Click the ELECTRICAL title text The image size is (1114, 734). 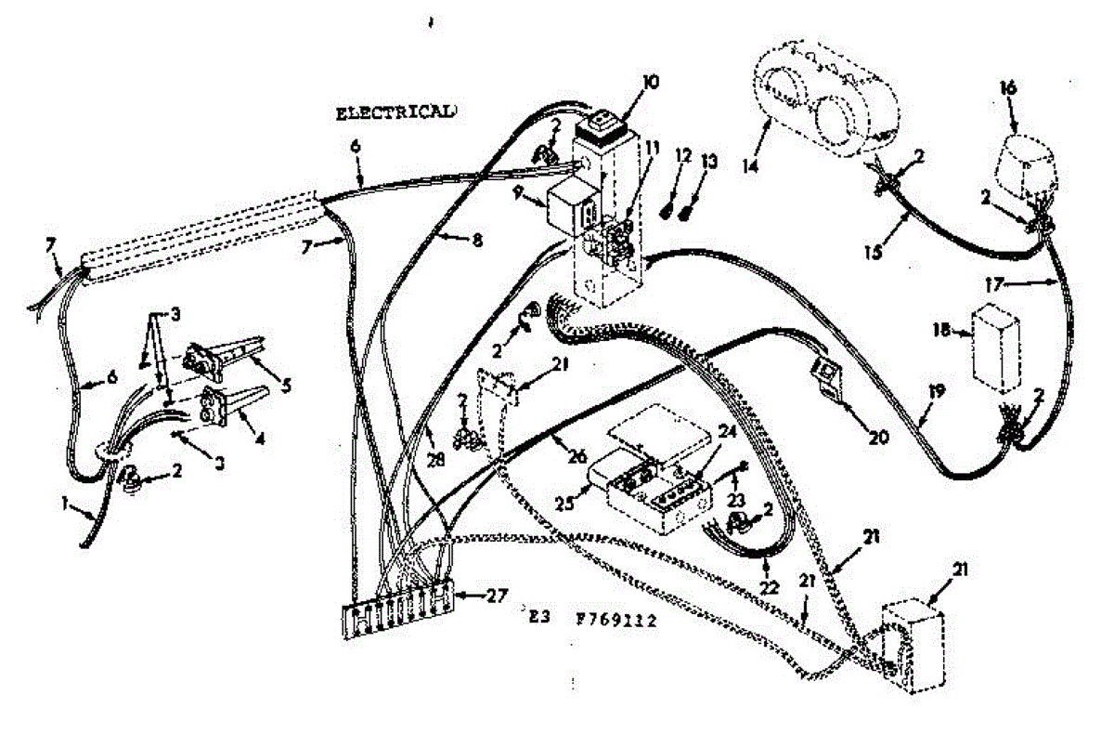(x=395, y=112)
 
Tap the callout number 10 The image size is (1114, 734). (x=649, y=82)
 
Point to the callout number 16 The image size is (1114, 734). (x=1008, y=88)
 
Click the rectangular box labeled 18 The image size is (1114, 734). (x=991, y=345)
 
